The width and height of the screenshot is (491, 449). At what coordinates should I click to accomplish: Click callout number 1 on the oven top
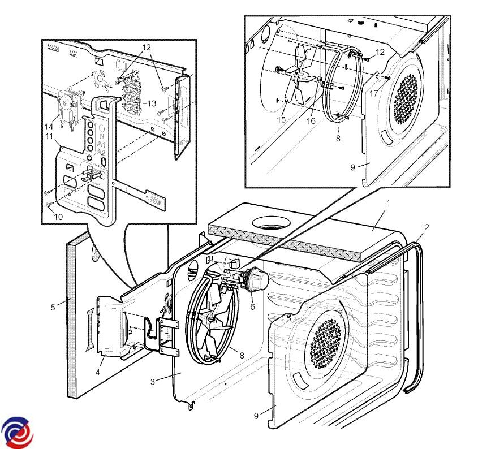387,202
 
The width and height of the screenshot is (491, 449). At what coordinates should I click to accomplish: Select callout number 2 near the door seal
427,227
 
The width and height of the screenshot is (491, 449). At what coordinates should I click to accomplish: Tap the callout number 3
152,382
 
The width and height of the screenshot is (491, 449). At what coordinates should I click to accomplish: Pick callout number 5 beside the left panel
53,308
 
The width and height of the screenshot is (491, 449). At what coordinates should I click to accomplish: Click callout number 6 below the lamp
252,306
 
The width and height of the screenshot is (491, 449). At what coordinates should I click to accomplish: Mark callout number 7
225,259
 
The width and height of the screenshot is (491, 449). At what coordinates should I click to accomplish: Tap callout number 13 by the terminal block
152,103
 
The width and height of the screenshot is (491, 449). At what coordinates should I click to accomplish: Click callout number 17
374,94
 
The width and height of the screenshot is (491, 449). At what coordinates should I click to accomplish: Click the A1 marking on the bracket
101,144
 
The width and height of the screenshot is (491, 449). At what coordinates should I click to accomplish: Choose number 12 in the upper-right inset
380,52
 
